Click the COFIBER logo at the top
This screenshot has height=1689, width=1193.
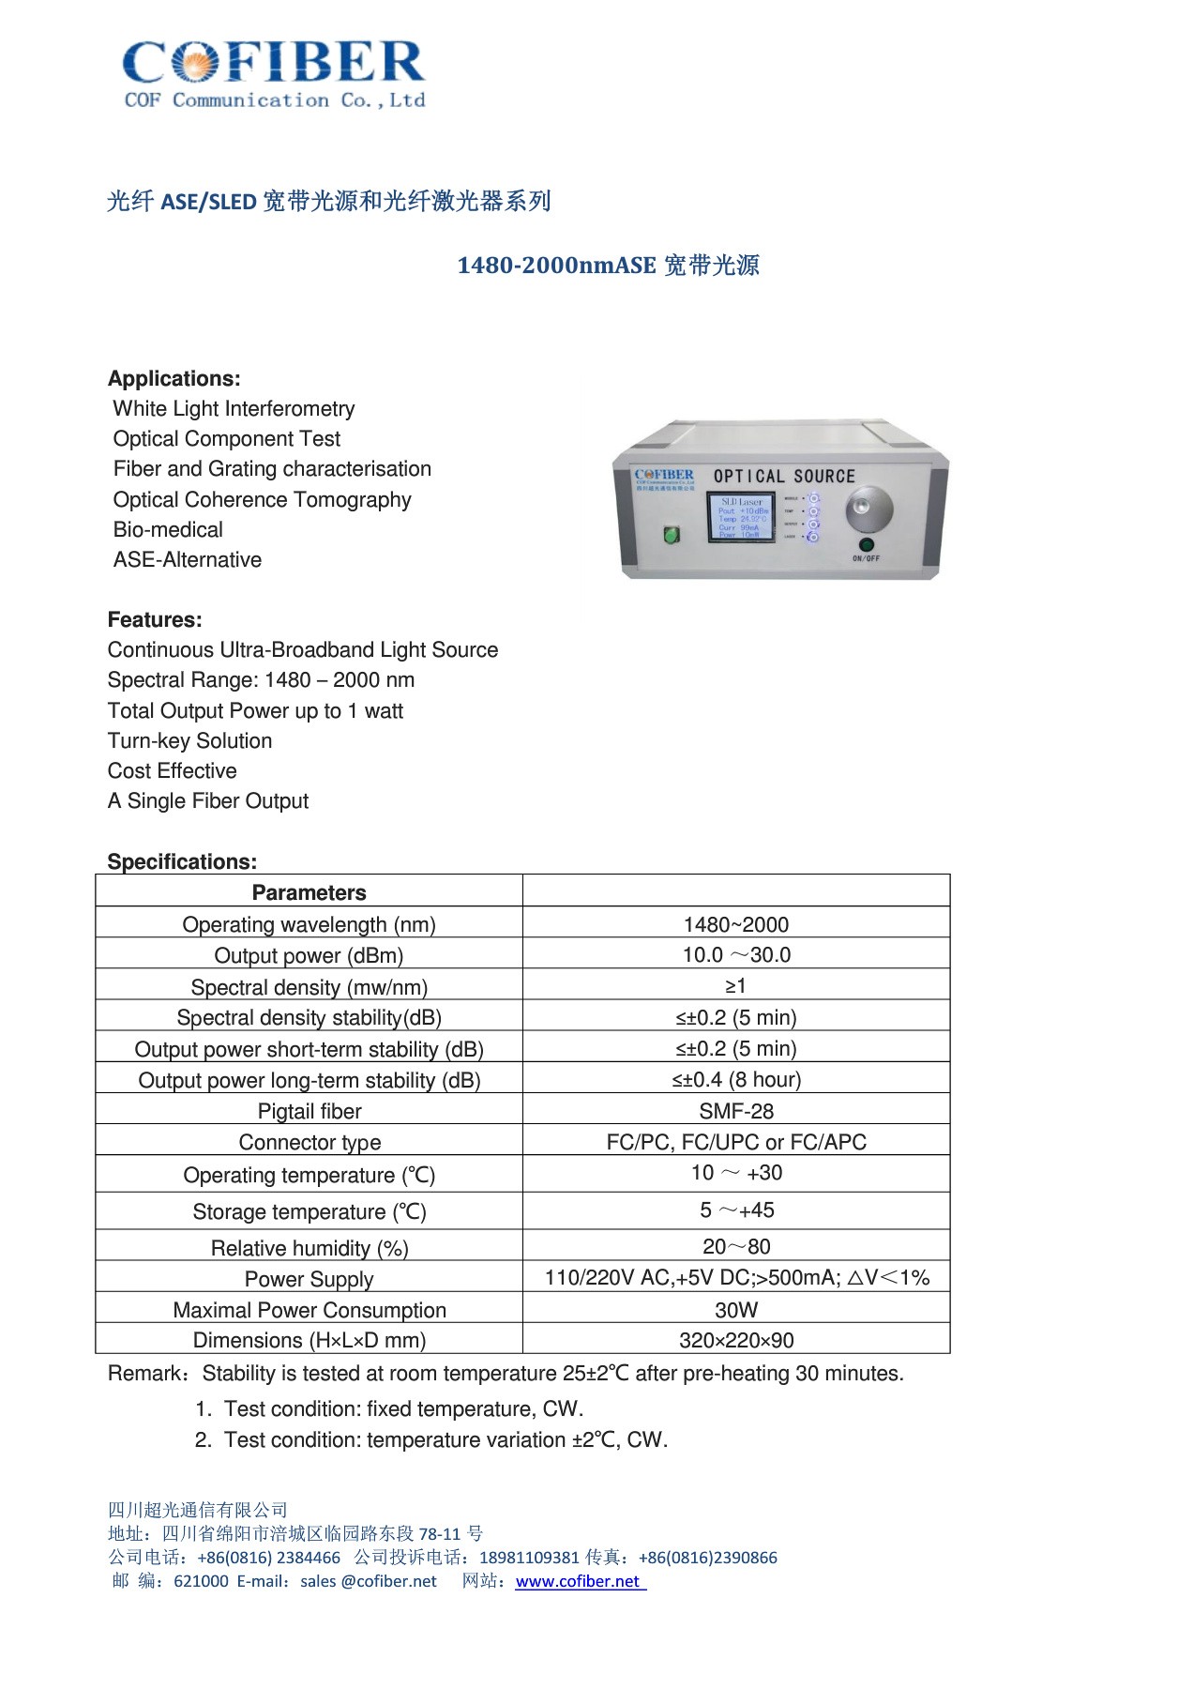(x=274, y=73)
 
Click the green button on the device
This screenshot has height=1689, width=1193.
(x=672, y=535)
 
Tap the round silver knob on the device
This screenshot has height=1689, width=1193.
(x=868, y=510)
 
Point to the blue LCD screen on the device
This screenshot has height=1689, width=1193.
(x=741, y=517)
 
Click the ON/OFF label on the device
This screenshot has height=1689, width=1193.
(x=866, y=558)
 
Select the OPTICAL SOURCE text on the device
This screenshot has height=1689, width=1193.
(x=784, y=477)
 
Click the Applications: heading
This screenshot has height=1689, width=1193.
(x=174, y=378)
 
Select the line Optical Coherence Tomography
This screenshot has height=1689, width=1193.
(x=263, y=499)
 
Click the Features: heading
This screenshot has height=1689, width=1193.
(x=155, y=619)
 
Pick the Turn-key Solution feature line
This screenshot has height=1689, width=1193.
(x=189, y=740)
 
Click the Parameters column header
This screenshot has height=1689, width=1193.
(x=309, y=892)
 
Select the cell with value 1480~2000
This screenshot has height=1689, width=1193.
(x=736, y=924)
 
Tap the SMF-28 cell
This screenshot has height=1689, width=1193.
(x=736, y=1111)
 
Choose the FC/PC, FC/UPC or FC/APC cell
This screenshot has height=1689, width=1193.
(x=736, y=1142)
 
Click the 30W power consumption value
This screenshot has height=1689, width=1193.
(x=736, y=1310)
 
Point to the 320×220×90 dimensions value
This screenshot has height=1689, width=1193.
(x=736, y=1340)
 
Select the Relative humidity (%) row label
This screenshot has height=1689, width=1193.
(x=310, y=1248)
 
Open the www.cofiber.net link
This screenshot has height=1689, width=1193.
(x=578, y=1581)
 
